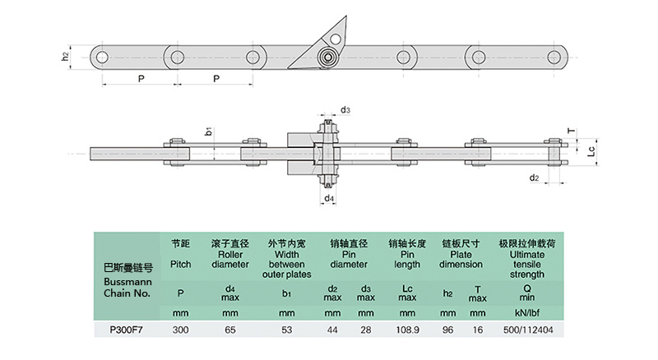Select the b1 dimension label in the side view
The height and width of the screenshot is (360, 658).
[210, 132]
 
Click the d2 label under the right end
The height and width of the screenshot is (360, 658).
[533, 178]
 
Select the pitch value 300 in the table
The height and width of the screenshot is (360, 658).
[180, 331]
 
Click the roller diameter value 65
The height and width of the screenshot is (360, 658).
[229, 331]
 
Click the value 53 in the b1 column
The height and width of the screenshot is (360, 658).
[286, 331]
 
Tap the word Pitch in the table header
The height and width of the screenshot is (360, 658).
[180, 264]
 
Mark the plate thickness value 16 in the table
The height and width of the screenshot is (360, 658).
[478, 331]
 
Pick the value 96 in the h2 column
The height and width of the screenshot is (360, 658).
[448, 331]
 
